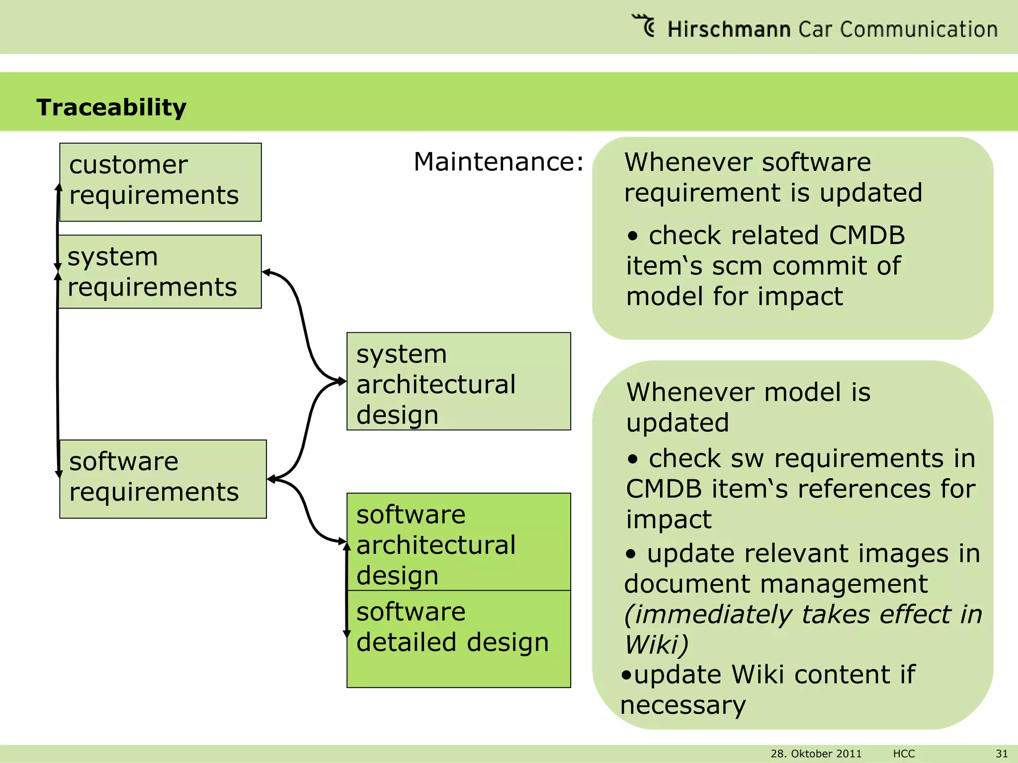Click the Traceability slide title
pyautogui.click(x=111, y=107)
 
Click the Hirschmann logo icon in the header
pyautogui.click(x=644, y=26)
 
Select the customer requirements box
pyautogui.click(x=160, y=182)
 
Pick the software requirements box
pyautogui.click(x=163, y=479)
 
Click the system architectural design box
pyautogui.click(x=458, y=381)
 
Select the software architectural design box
pyautogui.click(x=458, y=541)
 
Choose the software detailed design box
pyautogui.click(x=458, y=639)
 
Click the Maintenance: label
pyautogui.click(x=499, y=162)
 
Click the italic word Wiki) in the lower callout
pyautogui.click(x=656, y=645)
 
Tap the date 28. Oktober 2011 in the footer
pyautogui.click(x=816, y=754)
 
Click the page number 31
pyautogui.click(x=1002, y=754)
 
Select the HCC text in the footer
pyautogui.click(x=904, y=754)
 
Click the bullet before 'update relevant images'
pyautogui.click(x=631, y=554)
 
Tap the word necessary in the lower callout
pyautogui.click(x=683, y=705)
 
